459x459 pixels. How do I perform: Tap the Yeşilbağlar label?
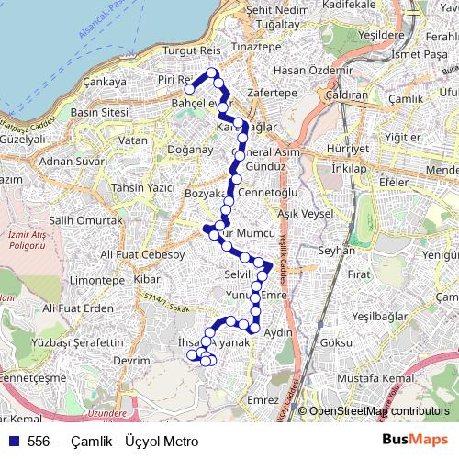(x=384, y=316)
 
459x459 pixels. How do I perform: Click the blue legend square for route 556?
(x=13, y=441)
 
